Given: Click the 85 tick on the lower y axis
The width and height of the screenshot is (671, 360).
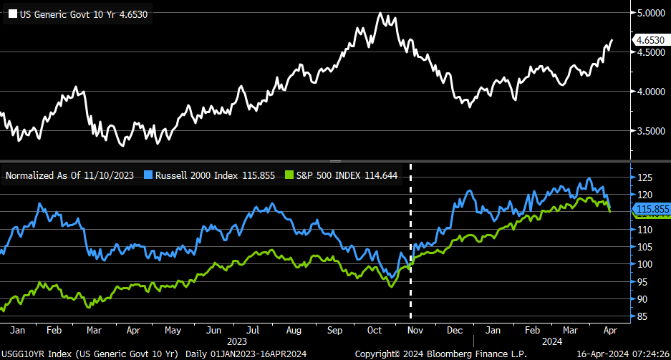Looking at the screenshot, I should coord(642,316).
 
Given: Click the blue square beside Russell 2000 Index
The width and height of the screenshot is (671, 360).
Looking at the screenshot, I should coord(148,175).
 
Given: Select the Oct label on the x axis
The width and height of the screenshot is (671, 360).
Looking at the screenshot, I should coord(375,331).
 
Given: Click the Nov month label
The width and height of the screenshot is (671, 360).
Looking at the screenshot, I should coord(415,331).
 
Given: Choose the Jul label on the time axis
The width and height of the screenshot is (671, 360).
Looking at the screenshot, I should coord(253,331).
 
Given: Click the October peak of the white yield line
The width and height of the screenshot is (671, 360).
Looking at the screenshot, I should coord(380,14).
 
